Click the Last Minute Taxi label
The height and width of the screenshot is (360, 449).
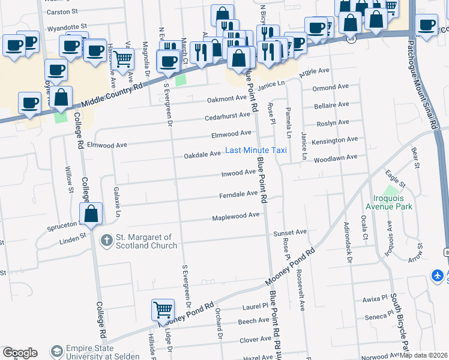[x=256, y=150]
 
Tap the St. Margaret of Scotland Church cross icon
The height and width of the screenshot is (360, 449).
[x=106, y=240]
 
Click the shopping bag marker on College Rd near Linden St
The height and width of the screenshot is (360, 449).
[x=91, y=214]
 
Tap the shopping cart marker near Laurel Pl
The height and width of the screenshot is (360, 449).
[x=163, y=310]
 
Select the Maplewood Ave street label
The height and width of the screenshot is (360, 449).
[x=236, y=215]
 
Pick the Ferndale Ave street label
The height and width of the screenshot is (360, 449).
[x=238, y=193]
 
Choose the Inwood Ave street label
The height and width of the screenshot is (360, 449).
[x=239, y=173]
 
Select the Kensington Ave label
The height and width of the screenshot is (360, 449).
[x=335, y=140]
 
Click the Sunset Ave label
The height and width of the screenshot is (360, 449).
[x=290, y=232]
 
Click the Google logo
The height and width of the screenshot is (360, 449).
[x=20, y=353]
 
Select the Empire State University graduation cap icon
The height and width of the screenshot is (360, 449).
[x=56, y=350]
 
